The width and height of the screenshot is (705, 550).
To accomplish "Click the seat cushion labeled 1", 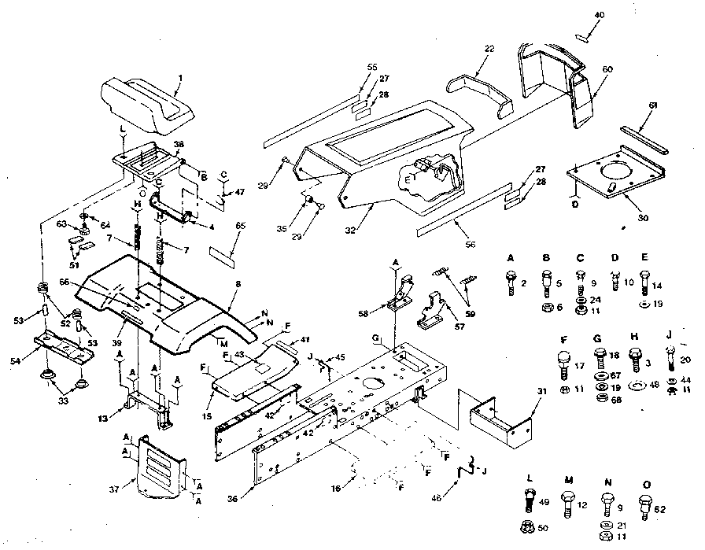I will coord(146,103).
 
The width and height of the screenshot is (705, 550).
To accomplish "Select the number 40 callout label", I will coord(600,15).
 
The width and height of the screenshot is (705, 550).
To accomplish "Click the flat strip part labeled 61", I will coord(643,139).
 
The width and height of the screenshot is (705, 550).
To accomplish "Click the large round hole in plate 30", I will coord(616,172).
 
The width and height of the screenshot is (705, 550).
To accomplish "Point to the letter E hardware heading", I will coord(644,257).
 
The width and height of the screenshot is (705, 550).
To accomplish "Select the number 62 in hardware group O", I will coord(660,509).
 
